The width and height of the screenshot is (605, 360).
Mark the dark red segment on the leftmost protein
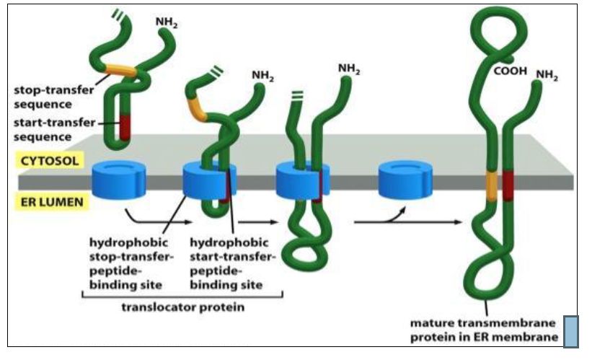point(125,128)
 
